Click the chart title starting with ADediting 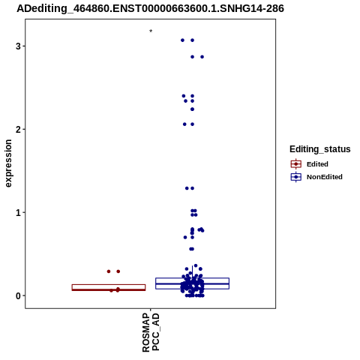click(x=150, y=8)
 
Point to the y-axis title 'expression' click(x=8, y=163)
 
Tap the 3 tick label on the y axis click(x=18, y=46)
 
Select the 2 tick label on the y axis click(x=18, y=130)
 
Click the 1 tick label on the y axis click(x=18, y=213)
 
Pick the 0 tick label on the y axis click(x=18, y=296)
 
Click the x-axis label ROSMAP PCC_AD click(x=151, y=332)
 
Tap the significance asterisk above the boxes click(x=151, y=31)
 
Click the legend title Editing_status click(x=319, y=149)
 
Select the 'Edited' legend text click(x=317, y=164)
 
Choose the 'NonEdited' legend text click(x=325, y=177)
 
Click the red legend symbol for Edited click(x=296, y=164)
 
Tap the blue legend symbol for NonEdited click(x=296, y=177)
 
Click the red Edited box click(x=109, y=284)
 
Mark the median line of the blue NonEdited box click(x=192, y=283)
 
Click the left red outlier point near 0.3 click(x=109, y=271)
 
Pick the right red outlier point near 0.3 click(x=118, y=271)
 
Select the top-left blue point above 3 click(x=182, y=40)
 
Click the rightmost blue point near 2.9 click(x=202, y=57)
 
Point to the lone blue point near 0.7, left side click(x=185, y=237)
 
